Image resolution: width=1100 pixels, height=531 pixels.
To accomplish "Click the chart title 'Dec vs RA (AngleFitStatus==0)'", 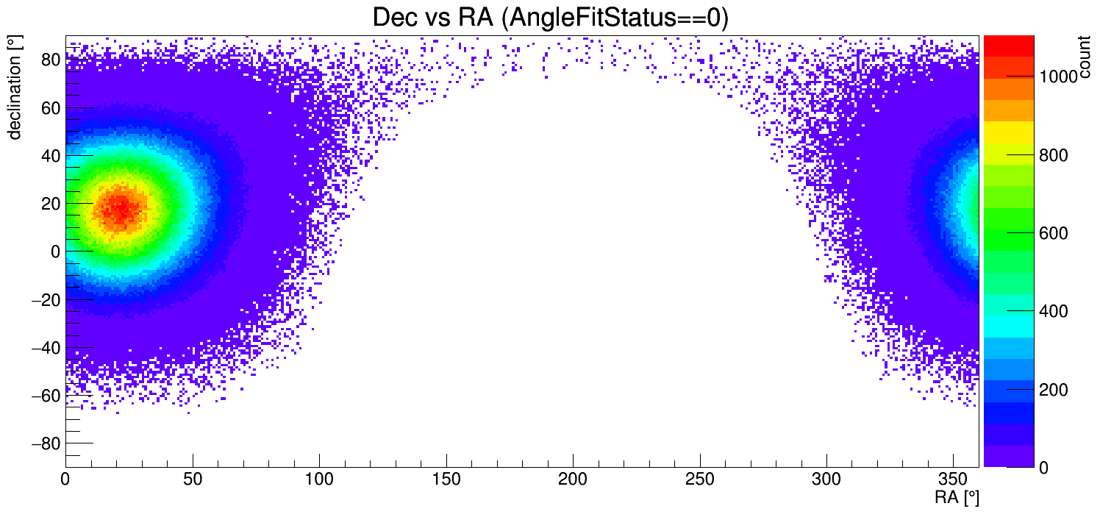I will click(550, 18).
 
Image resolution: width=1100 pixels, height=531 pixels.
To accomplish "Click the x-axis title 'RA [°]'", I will click(957, 498).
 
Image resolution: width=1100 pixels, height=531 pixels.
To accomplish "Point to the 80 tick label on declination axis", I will click(49, 60).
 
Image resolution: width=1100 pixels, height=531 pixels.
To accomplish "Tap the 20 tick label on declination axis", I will click(49, 204).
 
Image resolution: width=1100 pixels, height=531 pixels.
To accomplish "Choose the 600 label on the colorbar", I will click(1051, 234).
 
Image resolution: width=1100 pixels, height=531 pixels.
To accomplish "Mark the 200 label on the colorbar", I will click(1051, 390).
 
